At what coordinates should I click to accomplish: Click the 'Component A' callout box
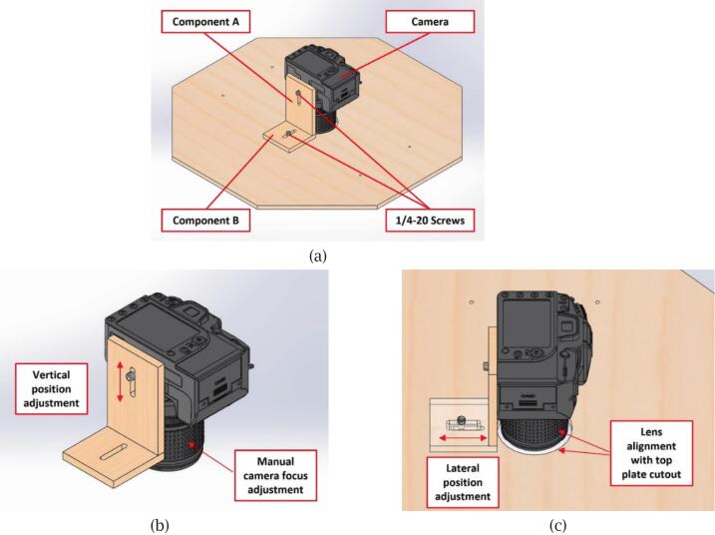click(x=205, y=21)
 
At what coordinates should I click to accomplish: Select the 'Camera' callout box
click(x=430, y=21)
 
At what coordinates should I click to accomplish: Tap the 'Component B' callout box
click(x=205, y=221)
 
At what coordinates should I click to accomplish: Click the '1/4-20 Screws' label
click(x=430, y=221)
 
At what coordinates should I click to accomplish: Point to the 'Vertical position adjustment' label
click(x=52, y=389)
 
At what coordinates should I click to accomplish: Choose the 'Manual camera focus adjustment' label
click(x=275, y=476)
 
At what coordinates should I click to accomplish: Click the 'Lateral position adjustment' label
click(x=463, y=482)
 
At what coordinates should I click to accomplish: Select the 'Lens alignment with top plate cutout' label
click(x=651, y=453)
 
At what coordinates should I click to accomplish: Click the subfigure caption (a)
click(x=318, y=256)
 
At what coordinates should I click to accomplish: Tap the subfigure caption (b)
click(x=160, y=525)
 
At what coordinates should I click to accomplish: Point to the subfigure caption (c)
click(x=557, y=525)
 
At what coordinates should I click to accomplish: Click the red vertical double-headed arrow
click(x=120, y=381)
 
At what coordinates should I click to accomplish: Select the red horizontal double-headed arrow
click(x=463, y=438)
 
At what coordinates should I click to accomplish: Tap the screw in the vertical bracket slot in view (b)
click(x=131, y=376)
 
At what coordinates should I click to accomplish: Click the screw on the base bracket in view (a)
click(x=288, y=134)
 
